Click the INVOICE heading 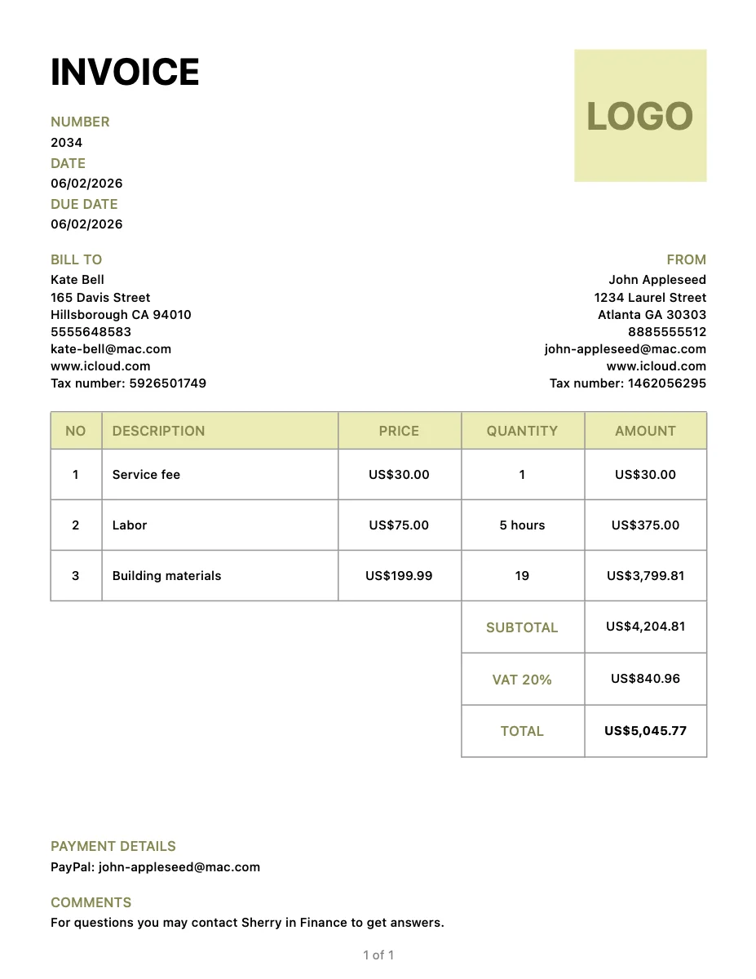[125, 73]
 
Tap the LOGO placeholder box [640, 116]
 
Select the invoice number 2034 [66, 142]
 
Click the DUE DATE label [84, 204]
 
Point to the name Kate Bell [77, 280]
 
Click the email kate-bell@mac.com [111, 349]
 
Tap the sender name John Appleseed [657, 280]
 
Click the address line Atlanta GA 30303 [652, 315]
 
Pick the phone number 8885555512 [667, 332]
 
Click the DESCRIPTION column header [158, 431]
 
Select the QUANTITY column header [522, 431]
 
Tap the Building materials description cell [166, 576]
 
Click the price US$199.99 [399, 576]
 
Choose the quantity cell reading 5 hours [522, 525]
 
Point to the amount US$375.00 [645, 525]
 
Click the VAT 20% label [522, 680]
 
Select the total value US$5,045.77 [645, 731]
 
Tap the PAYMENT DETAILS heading [113, 846]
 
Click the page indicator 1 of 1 [378, 955]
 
